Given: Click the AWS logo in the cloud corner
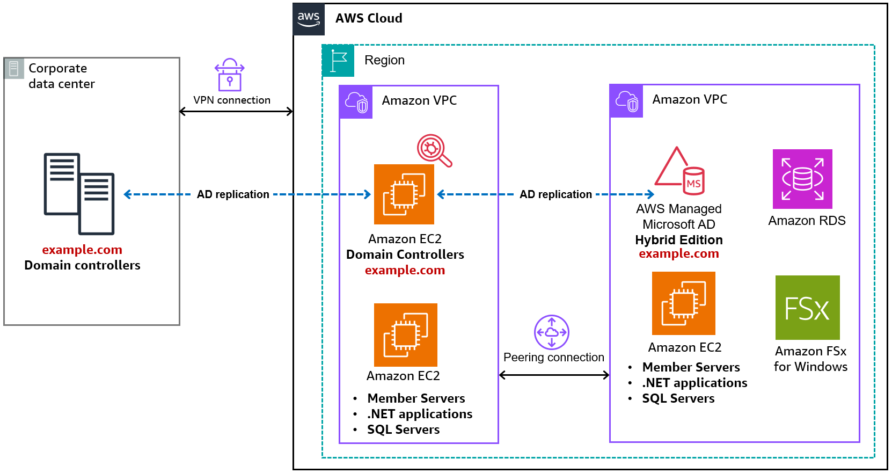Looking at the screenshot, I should point(309,19).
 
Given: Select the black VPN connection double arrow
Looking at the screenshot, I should point(236,112).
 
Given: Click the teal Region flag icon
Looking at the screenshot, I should point(338,61).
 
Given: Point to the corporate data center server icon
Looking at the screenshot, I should point(79,194).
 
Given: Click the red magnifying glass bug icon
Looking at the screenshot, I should point(434,150).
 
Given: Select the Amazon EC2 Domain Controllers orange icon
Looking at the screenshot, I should point(404,194).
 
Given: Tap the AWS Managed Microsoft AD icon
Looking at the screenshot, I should point(679,171).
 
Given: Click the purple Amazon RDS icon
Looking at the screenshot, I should point(802,179).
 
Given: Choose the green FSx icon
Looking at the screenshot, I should point(807,308).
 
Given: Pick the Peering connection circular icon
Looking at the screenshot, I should point(551,332).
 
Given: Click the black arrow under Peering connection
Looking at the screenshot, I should point(554,375).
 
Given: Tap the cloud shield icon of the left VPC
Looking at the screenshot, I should point(356,102).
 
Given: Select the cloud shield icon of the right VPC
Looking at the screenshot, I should point(626,101).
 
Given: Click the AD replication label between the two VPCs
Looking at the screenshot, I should point(555,194).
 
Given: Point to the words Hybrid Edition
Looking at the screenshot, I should point(678,240).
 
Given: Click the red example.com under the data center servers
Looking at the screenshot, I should point(82,250).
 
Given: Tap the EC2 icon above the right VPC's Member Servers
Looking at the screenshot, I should point(683,303).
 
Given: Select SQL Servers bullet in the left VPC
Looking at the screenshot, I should point(403,430).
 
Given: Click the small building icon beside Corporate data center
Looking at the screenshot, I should point(14,68).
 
